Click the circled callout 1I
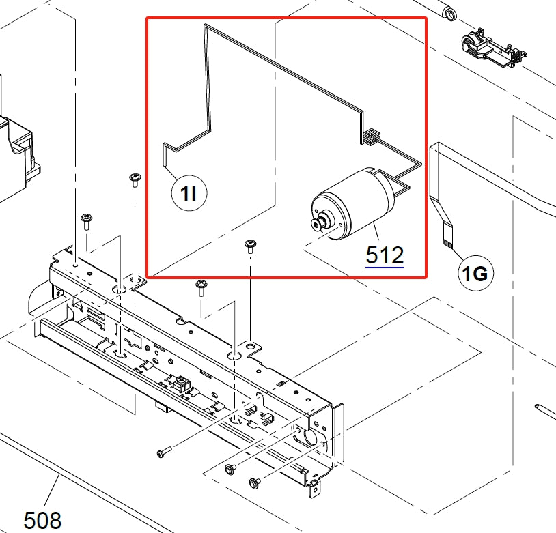click(x=189, y=194)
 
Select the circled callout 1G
click(x=475, y=274)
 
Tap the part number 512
click(x=385, y=255)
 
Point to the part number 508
click(x=42, y=520)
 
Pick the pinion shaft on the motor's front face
click(x=319, y=225)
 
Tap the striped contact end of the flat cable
click(x=448, y=240)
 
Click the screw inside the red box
click(x=250, y=246)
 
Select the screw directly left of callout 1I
click(x=134, y=180)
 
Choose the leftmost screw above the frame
click(x=86, y=220)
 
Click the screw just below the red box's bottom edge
click(x=201, y=287)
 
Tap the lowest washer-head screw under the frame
click(x=255, y=482)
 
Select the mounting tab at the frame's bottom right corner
click(x=315, y=488)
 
